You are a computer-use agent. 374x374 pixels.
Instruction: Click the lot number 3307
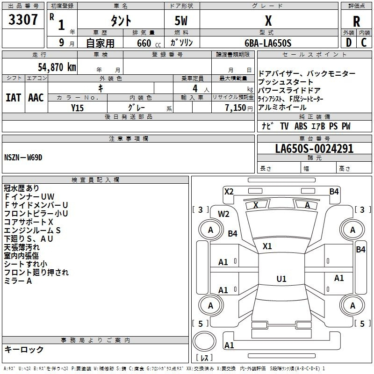pyautogui.click(x=23, y=20)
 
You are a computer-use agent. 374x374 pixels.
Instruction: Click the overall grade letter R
pyautogui.click(x=356, y=21)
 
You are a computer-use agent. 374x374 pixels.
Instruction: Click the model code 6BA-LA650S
pyautogui.click(x=268, y=43)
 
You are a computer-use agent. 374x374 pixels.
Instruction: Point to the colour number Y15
pyautogui.click(x=78, y=108)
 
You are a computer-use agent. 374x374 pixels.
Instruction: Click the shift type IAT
pyautogui.click(x=13, y=97)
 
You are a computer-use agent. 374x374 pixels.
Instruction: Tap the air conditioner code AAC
pyautogui.click(x=36, y=97)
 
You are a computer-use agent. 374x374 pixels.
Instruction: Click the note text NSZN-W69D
pyautogui.click(x=23, y=157)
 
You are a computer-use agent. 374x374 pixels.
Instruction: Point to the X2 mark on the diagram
pyautogui.click(x=229, y=191)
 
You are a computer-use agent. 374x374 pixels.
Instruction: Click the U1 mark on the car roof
pyautogui.click(x=281, y=279)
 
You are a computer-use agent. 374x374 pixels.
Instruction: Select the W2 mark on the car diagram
pyautogui.click(x=223, y=214)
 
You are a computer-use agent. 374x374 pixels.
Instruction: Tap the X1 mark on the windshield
pyautogui.click(x=267, y=246)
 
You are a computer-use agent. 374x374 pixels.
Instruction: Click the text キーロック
pyautogui.click(x=24, y=349)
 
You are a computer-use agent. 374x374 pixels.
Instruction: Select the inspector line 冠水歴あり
pyautogui.click(x=22, y=188)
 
